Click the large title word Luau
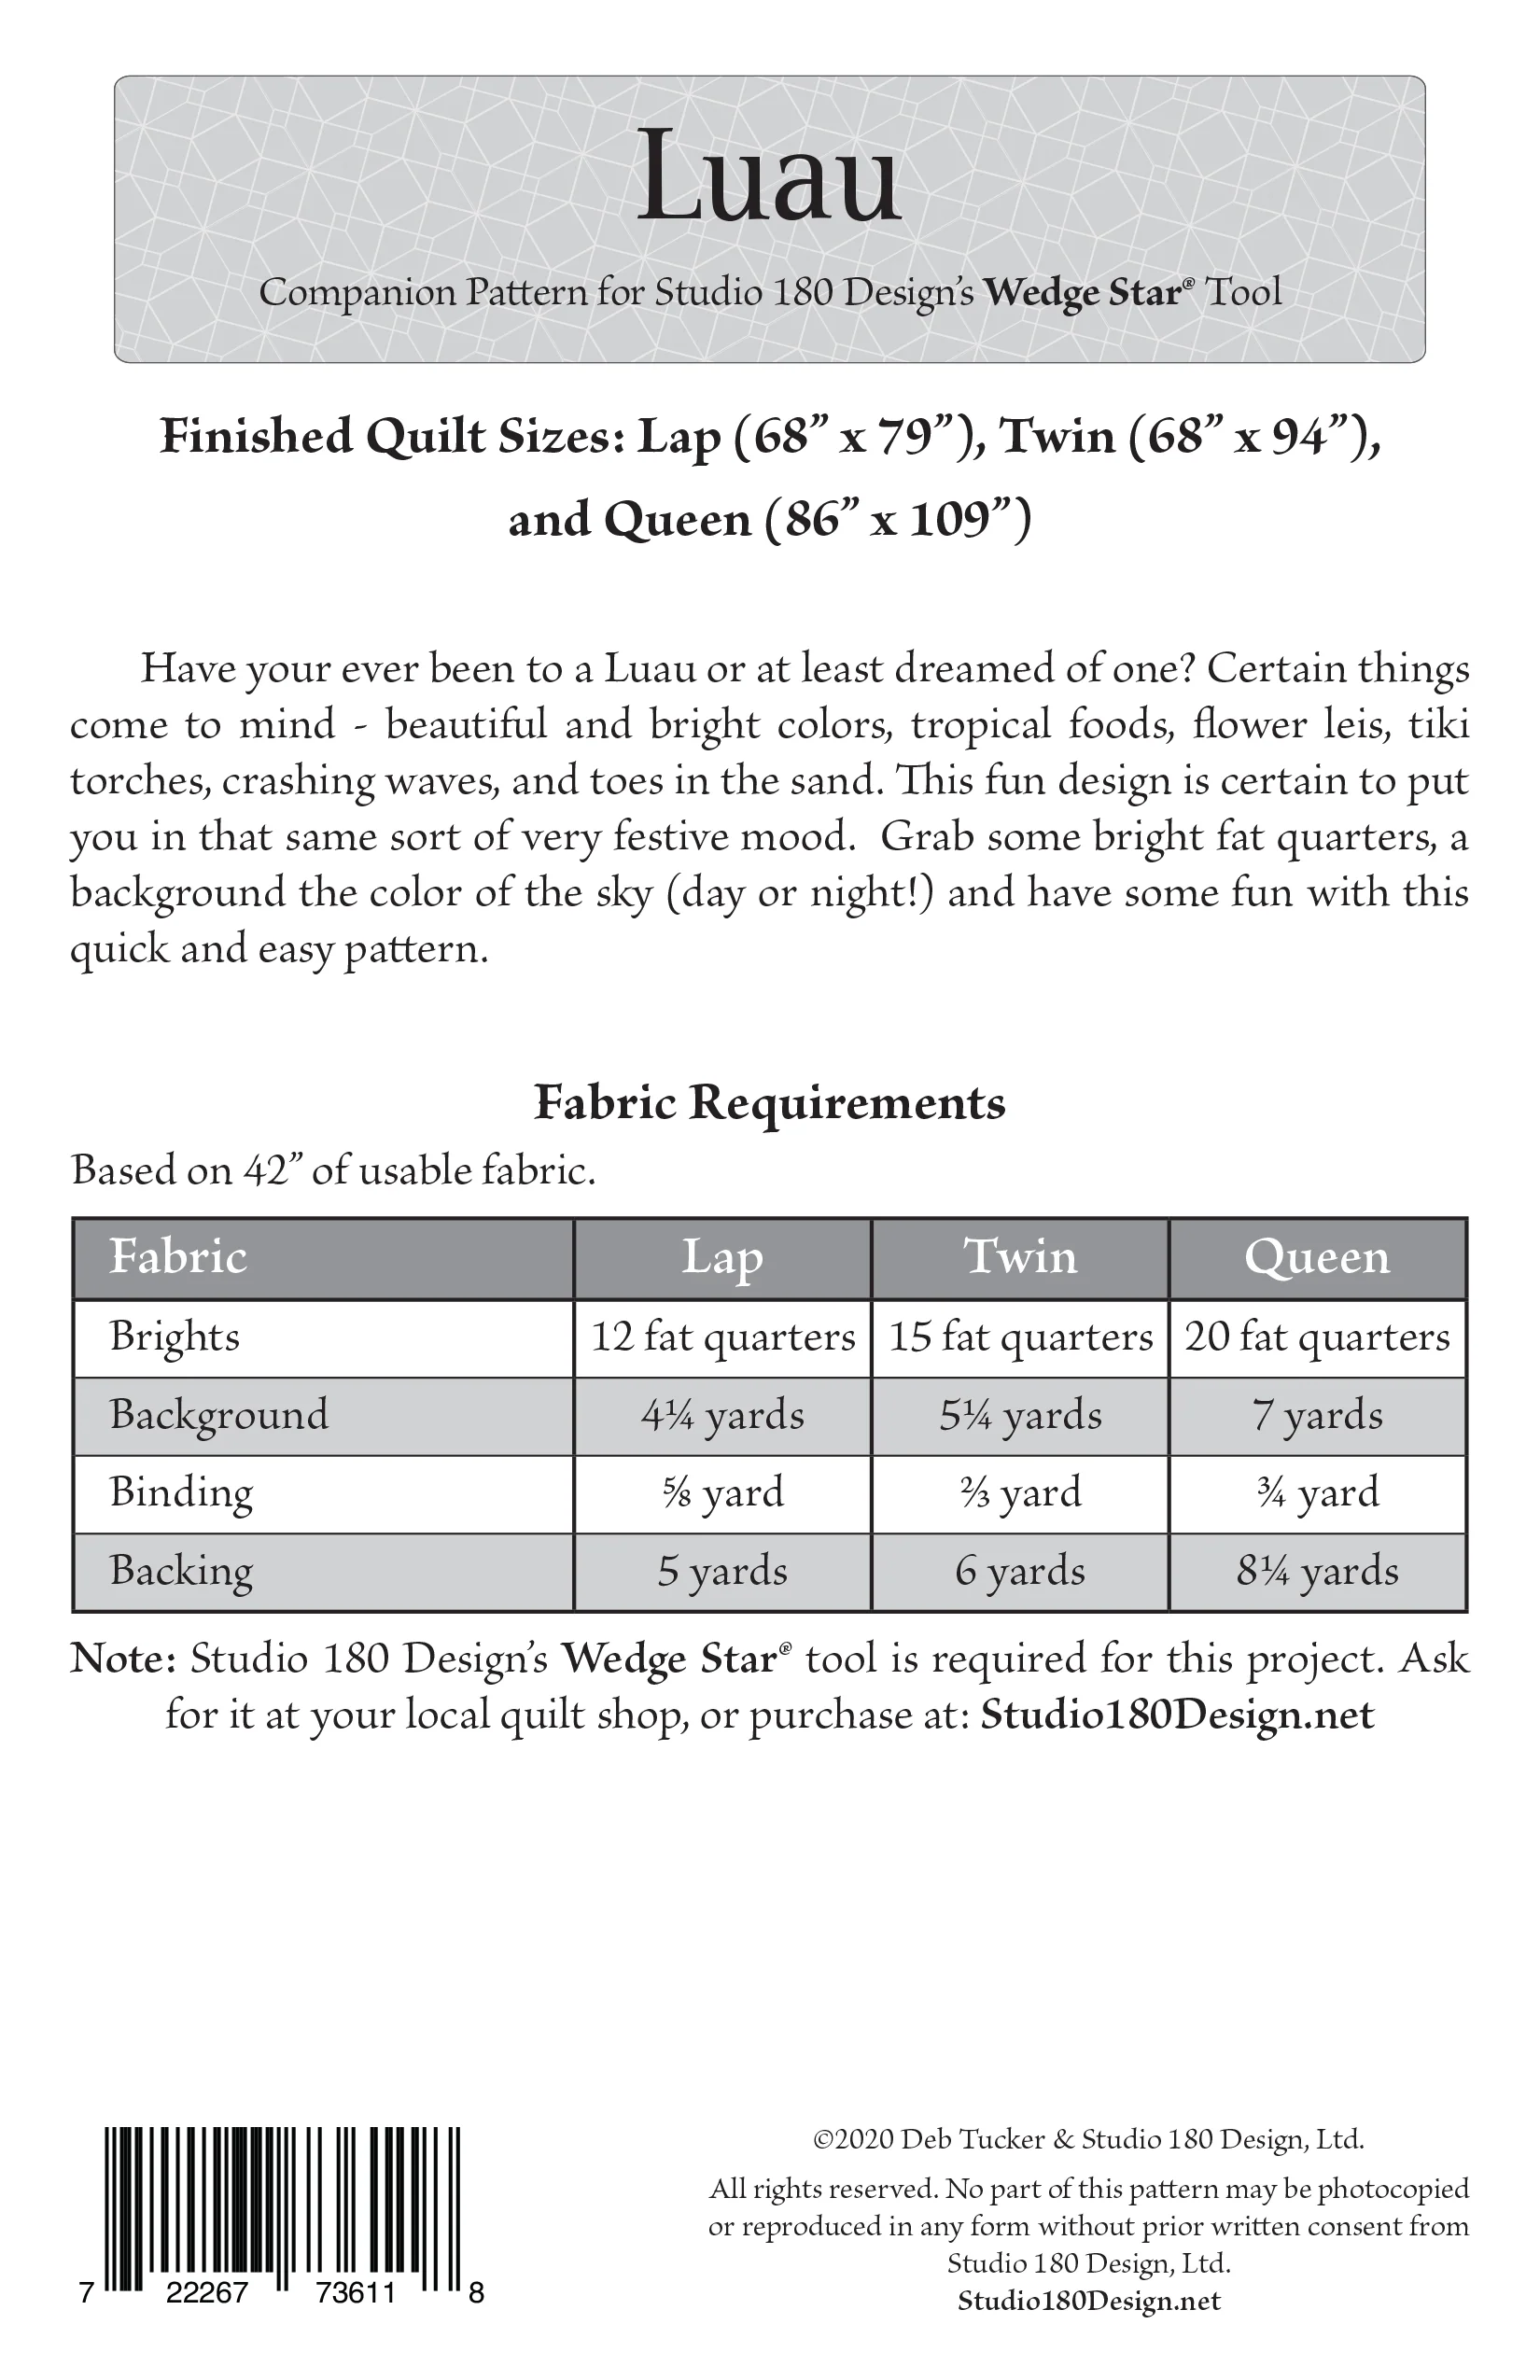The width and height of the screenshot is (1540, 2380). coord(768,178)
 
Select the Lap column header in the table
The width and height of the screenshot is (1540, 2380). coord(722,1257)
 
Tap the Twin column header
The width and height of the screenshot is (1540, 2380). coord(1020,1257)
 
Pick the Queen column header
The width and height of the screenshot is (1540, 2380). coord(1317,1257)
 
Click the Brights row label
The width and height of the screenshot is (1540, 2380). coord(175,1337)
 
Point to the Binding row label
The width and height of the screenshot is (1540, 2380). coord(181,1492)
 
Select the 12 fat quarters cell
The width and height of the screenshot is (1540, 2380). coord(723,1337)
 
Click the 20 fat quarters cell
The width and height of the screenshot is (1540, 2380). coord(1317,1337)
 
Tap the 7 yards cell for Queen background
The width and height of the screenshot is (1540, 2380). coord(1317,1415)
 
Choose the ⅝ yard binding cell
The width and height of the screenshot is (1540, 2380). coord(723,1493)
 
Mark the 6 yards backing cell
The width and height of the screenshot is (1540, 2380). coord(1020,1571)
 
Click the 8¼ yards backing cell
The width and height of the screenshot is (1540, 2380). coord(1317,1571)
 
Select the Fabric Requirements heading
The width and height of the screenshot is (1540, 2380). coord(769,1103)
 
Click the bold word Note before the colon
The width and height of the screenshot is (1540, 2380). coord(120,1659)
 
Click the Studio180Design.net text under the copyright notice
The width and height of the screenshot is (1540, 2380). coord(1089,2301)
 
